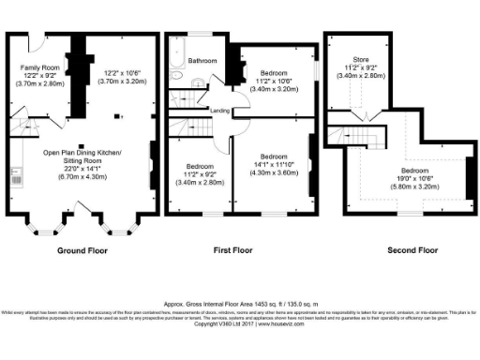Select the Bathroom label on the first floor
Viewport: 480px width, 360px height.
pyautogui.click(x=202, y=61)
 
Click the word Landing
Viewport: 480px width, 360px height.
pyautogui.click(x=219, y=111)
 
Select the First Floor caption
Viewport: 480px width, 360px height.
pyautogui.click(x=235, y=250)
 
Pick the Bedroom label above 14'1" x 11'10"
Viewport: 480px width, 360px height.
pyautogui.click(x=274, y=156)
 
